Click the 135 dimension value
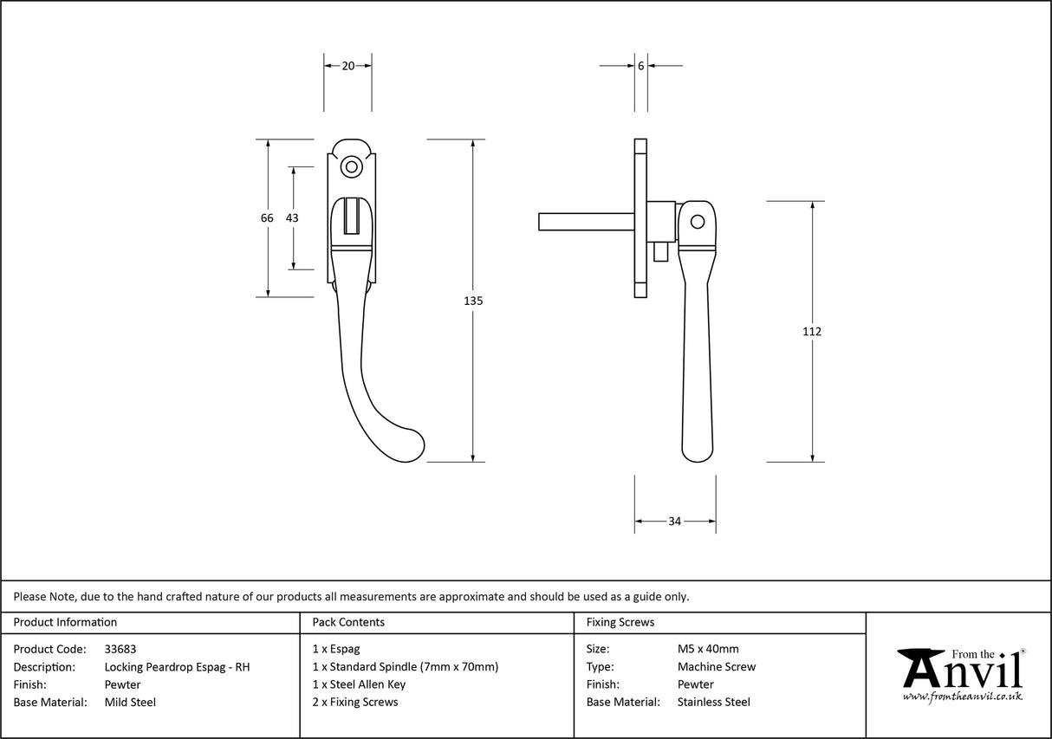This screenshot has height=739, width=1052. tap(473, 301)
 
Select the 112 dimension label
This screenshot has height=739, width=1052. tap(812, 331)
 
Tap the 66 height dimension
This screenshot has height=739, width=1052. tap(267, 218)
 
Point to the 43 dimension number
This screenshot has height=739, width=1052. tap(292, 218)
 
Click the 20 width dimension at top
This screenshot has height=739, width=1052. tap(347, 65)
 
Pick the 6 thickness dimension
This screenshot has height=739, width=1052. tap(640, 65)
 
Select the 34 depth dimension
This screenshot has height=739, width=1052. tap(674, 521)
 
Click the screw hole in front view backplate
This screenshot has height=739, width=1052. tap(351, 166)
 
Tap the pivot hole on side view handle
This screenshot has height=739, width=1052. tap(697, 222)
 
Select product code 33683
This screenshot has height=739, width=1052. tap(120, 649)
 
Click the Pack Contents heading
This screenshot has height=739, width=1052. tap(348, 622)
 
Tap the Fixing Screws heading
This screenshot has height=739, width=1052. tap(620, 622)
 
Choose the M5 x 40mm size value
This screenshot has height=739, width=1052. tap(708, 649)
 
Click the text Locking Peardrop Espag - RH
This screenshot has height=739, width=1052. tap(177, 667)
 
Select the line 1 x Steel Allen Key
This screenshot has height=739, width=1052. tap(359, 684)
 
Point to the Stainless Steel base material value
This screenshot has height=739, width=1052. tap(714, 702)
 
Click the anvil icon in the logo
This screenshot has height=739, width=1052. tap(920, 668)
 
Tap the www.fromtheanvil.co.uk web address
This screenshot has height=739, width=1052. tap(962, 697)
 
